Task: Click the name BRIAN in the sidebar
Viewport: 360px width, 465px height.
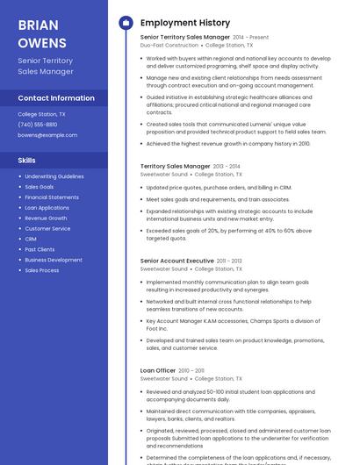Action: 38,25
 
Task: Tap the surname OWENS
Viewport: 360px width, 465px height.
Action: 42,42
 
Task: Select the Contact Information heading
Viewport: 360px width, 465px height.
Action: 56,98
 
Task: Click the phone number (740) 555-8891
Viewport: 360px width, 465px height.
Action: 38,125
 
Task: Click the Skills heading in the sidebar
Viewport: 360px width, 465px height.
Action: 27,161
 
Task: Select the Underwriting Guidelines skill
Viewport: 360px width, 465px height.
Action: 54,176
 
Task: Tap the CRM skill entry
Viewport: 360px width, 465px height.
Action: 31,239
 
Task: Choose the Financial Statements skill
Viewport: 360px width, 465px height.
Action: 52,197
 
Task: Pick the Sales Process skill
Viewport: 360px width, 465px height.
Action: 42,270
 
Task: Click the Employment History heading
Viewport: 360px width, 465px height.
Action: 185,23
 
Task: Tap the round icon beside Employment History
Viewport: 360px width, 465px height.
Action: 126,23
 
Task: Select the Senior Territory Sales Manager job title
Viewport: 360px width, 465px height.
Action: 184,38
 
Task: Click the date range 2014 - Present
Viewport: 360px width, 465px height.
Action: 251,38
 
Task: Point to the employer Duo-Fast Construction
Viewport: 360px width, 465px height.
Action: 169,45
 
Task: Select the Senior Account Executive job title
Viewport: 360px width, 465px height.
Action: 176,261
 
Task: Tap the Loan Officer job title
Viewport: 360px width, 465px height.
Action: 158,371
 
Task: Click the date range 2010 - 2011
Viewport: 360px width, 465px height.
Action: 191,371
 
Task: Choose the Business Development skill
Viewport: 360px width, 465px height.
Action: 54,260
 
